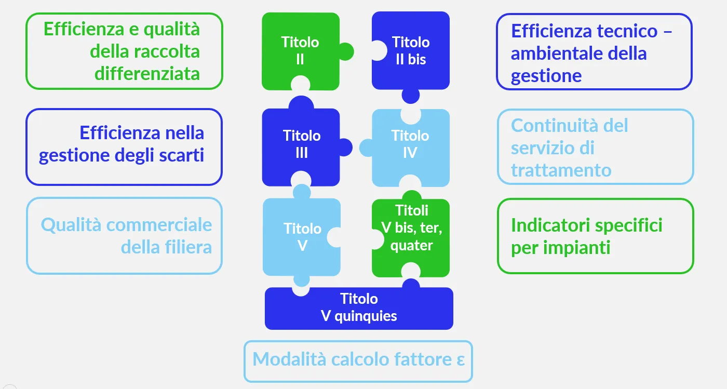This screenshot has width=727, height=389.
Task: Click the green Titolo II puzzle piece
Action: (300, 51)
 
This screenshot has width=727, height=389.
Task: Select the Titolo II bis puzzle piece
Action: (410, 51)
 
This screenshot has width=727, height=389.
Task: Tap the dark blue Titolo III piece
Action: (301, 144)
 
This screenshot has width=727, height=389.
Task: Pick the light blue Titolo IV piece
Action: (410, 144)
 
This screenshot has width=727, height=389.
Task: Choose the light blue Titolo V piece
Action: (302, 237)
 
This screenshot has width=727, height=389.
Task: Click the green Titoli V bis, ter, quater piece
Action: (411, 229)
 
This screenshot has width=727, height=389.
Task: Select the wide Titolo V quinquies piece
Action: (359, 308)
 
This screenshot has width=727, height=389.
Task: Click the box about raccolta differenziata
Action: (124, 51)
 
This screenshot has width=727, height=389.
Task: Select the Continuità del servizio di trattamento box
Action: (595, 147)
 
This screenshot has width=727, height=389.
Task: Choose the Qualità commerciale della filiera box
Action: (124, 236)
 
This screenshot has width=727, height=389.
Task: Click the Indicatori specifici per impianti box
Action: (595, 236)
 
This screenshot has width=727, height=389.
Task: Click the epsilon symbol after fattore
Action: (460, 360)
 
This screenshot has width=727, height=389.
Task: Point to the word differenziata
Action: (147, 74)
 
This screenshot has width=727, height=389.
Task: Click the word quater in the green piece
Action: (411, 245)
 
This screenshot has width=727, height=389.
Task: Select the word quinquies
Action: (366, 316)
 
